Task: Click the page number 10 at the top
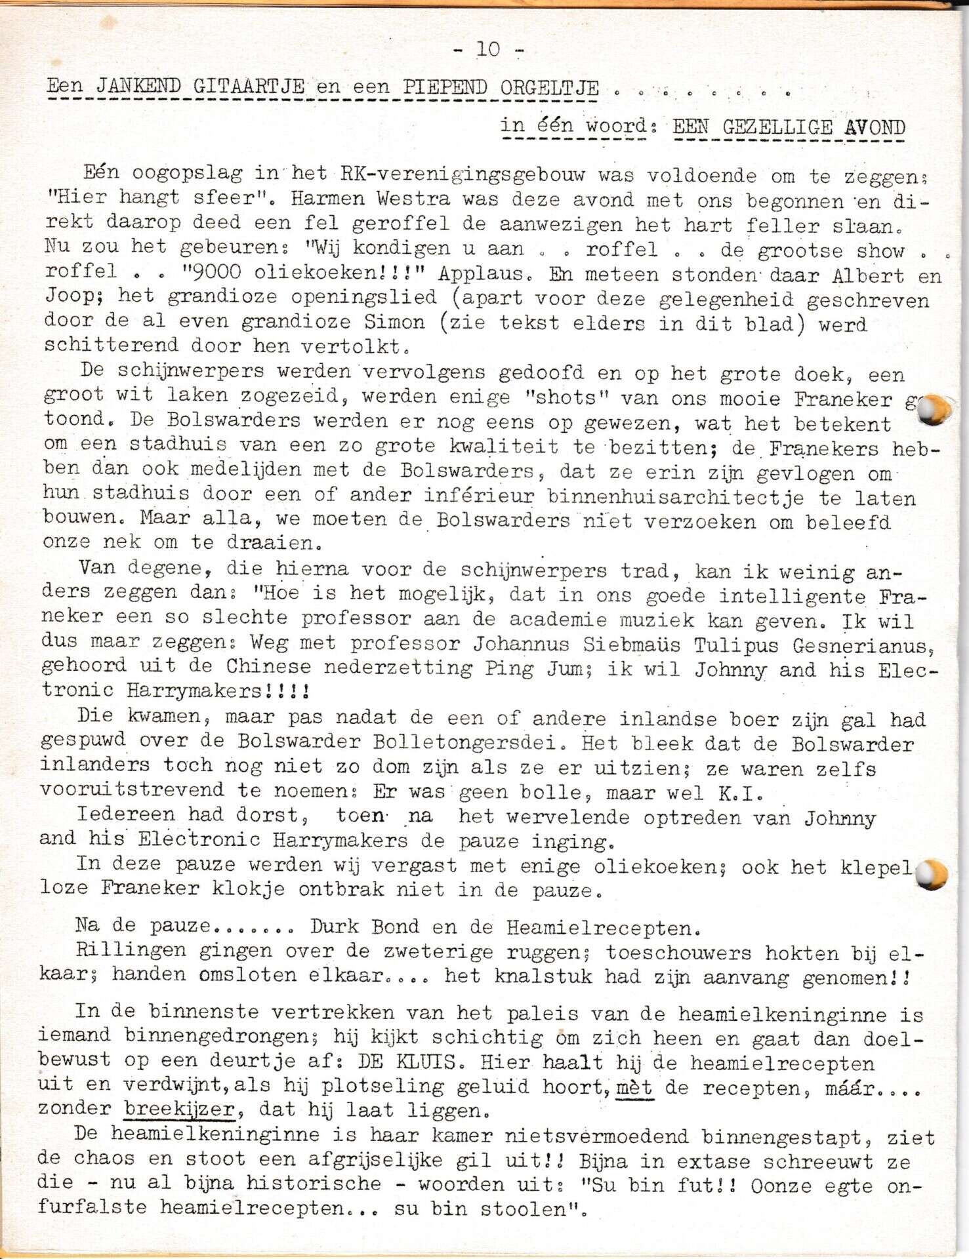(x=488, y=49)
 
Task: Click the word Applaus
(x=485, y=273)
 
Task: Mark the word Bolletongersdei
(x=465, y=742)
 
